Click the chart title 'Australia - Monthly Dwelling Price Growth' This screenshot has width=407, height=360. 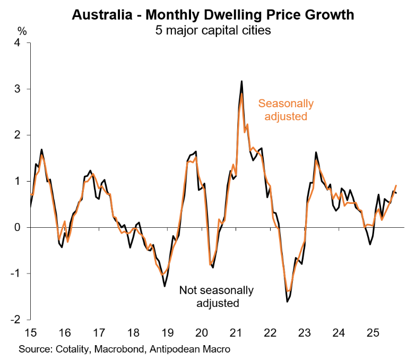click(x=212, y=14)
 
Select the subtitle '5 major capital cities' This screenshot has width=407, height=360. click(x=212, y=30)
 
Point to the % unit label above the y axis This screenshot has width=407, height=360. click(x=21, y=31)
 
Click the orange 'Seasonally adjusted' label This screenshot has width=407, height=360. click(x=285, y=110)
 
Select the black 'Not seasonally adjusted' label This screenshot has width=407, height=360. click(x=217, y=297)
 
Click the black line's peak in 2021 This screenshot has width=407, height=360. click(x=241, y=81)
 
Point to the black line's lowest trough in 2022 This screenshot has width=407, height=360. click(x=287, y=302)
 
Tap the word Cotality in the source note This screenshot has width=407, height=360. click(x=74, y=349)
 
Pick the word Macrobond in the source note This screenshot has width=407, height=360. click(x=125, y=349)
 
